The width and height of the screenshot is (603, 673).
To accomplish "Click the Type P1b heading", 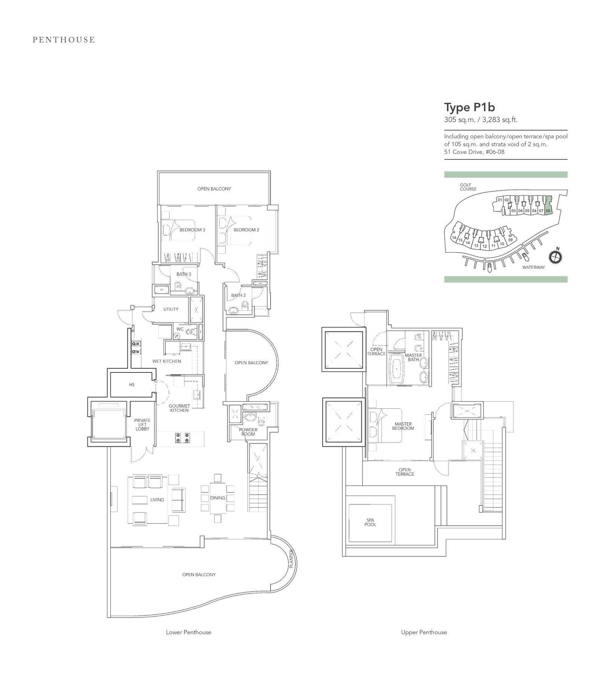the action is pos(469,108).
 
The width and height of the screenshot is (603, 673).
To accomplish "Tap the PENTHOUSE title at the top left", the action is pos(64,40).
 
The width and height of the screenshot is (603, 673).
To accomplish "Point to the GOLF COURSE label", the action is pos(468,187).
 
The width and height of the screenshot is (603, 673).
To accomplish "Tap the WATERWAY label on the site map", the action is pos(533,267).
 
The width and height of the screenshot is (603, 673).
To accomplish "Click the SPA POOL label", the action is pos(370,522).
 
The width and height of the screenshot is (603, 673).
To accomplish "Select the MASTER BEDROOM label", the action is pos(403,426).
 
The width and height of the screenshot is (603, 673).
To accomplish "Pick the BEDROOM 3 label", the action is pos(192,230).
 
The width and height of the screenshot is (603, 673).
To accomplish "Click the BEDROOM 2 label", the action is pos(246,230).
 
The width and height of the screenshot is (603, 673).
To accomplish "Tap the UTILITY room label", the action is pos(171,309).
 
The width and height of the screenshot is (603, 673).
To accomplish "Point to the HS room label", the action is pos(132,385).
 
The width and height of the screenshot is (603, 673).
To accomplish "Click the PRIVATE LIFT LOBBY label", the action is pos(142,425).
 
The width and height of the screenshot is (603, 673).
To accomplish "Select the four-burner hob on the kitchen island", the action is pos(182,438).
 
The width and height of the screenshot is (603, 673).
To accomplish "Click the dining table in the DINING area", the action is pos(217,498).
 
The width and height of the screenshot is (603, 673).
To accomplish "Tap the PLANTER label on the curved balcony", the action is pos(291,559).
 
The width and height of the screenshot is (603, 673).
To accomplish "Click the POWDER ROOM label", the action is pos(248,432).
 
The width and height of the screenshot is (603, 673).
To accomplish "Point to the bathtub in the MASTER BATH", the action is pos(396,368).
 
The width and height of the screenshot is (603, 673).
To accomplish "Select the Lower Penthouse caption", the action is pos(188,632).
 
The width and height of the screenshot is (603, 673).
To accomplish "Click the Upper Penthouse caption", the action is pos(424,632).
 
